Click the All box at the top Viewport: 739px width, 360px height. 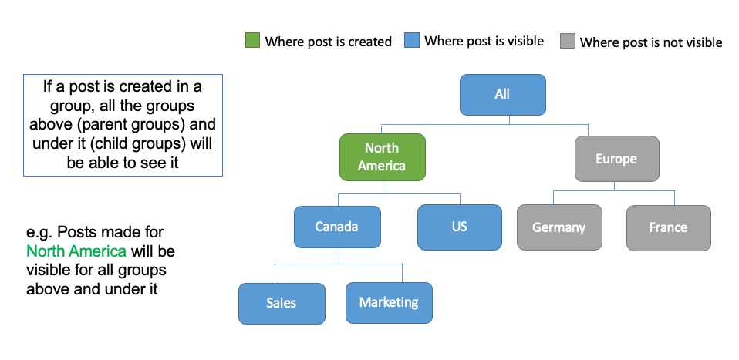502,95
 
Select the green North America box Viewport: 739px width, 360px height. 382,157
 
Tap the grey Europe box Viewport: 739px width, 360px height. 616,159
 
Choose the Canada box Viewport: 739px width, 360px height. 337,227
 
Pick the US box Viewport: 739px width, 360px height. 460,227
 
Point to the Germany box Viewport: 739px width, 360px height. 559,227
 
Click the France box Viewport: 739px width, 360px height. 668,228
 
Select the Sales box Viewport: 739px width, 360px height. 282,304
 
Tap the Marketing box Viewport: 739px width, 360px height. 389,302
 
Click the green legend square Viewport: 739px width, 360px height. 252,41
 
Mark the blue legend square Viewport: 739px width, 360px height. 411,41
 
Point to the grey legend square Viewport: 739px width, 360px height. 568,41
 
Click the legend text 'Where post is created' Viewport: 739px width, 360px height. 329,42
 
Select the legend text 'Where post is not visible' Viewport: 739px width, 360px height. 651,42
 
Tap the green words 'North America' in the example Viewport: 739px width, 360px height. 76,251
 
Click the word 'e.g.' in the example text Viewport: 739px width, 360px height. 39,233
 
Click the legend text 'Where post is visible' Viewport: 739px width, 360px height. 484,41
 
